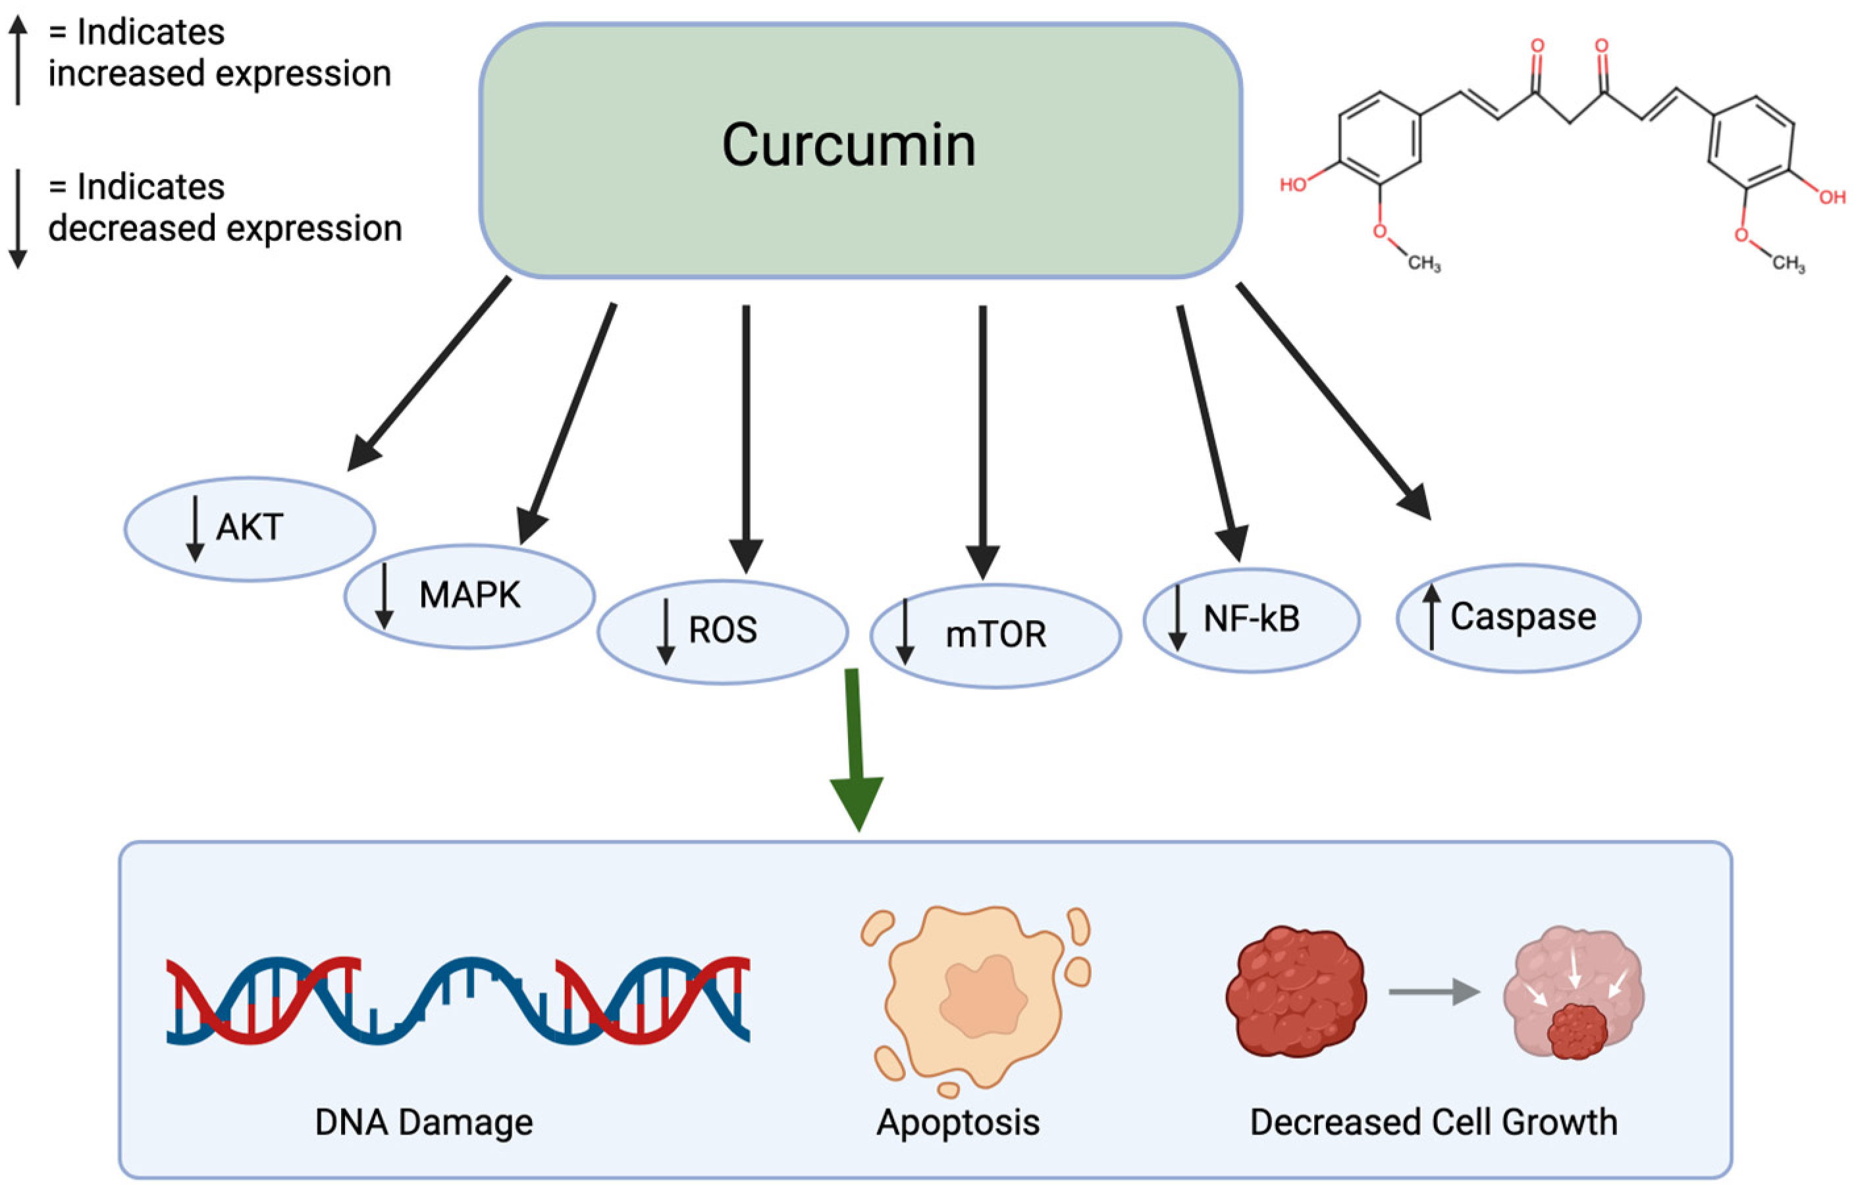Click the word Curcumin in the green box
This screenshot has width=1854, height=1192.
849,145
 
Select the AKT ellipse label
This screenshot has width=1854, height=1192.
250,528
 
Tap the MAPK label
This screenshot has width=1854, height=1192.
470,595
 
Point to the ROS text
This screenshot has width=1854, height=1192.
722,630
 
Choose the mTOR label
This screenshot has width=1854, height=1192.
995,635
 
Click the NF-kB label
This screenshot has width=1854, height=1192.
1251,619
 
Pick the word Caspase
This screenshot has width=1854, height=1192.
1523,617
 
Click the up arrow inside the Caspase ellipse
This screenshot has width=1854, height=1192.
1431,617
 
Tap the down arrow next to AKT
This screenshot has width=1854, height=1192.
195,529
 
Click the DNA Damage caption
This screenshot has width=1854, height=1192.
423,1122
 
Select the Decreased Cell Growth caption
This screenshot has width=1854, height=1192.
1434,1122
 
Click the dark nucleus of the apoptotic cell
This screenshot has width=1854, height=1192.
982,998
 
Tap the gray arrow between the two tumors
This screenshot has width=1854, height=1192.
1433,991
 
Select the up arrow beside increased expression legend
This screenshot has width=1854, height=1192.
18,61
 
